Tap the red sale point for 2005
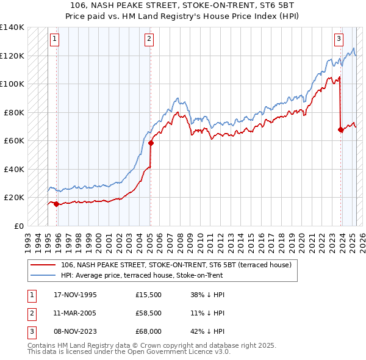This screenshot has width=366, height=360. (x=151, y=143)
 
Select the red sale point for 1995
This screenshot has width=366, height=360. (x=56, y=204)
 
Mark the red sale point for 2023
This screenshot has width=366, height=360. (x=340, y=129)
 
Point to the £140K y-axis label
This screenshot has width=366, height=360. (x=12, y=27)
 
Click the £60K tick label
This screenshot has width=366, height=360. (x=14, y=140)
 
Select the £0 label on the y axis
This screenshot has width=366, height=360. (x=19, y=226)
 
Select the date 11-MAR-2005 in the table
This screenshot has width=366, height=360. (x=75, y=313)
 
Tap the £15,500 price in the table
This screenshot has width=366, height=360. (x=149, y=295)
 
